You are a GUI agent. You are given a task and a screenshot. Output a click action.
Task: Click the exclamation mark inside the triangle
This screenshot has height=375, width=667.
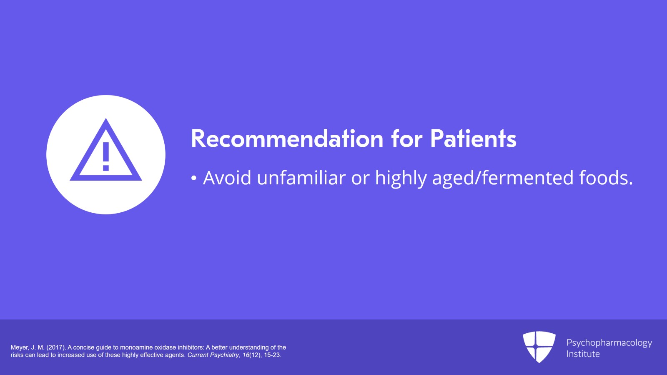click(106, 156)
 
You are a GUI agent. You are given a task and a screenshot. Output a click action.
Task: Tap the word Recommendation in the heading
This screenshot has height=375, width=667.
click(287, 139)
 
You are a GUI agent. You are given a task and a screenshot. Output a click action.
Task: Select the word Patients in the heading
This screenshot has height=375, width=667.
click(473, 139)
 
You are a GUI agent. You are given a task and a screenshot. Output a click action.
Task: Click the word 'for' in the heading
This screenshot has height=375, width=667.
click(406, 139)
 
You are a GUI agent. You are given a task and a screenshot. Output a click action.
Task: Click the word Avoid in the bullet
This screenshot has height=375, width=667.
click(227, 178)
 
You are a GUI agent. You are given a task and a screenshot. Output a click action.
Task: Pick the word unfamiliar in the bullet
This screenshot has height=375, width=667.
click(301, 178)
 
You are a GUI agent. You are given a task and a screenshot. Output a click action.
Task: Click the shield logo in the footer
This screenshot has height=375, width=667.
click(539, 347)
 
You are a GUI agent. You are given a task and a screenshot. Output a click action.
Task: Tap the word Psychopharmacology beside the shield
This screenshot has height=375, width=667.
click(609, 343)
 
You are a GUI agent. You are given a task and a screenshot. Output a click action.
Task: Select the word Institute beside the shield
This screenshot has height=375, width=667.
click(583, 354)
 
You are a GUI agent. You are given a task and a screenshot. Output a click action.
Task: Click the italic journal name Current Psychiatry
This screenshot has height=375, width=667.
click(213, 355)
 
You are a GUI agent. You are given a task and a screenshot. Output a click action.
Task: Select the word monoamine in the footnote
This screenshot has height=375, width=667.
click(136, 347)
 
